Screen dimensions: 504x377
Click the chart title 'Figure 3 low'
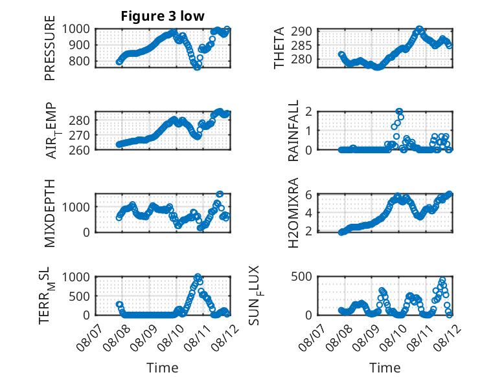[x=163, y=16]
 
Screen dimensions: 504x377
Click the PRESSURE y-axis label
[x=50, y=48]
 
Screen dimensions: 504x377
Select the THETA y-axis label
[x=279, y=48]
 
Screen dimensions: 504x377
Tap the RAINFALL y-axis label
[x=293, y=130]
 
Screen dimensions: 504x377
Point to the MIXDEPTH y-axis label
[x=50, y=213]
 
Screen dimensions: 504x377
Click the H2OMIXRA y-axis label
[x=293, y=213]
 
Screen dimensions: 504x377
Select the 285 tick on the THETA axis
[x=301, y=45]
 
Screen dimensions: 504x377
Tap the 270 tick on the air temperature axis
[x=79, y=135]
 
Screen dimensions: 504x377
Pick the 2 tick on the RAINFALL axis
[x=309, y=112]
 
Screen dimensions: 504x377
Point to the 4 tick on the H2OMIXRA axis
[x=309, y=212]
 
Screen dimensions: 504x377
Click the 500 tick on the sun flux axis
[x=301, y=277]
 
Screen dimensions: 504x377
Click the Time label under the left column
[x=163, y=368]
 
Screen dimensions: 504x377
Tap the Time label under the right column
[x=385, y=368]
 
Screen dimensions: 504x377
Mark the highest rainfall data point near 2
[x=399, y=111]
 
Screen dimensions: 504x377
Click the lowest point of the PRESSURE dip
[x=197, y=67]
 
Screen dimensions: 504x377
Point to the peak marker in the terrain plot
[x=198, y=276]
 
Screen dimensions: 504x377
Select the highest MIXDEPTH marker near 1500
[x=220, y=194]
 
